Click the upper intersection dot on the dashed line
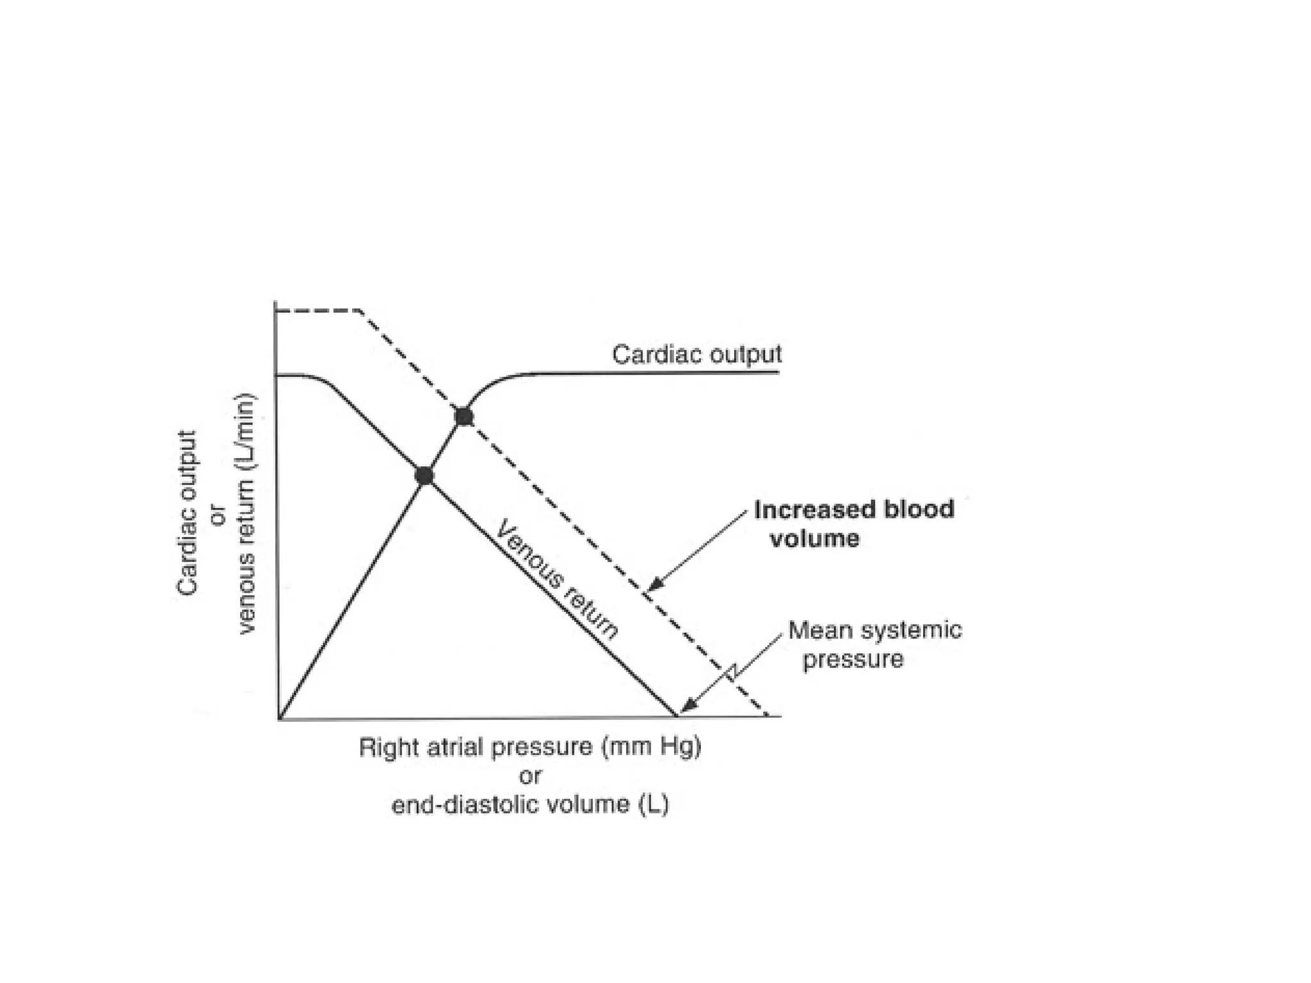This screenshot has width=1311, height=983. tap(464, 417)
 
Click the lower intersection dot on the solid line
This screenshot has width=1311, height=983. tap(424, 476)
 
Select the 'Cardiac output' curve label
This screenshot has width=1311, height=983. tap(696, 355)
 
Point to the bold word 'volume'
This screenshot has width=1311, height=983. tap(814, 538)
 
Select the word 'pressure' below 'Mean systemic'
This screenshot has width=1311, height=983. tap(853, 659)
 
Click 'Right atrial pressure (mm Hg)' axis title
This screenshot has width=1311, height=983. tap(530, 747)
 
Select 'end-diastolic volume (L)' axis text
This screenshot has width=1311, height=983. tap(530, 804)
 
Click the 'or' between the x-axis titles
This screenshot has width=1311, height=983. tap(531, 776)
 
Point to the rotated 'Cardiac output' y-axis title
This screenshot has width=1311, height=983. tap(187, 513)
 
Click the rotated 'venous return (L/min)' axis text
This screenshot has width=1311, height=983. tap(246, 513)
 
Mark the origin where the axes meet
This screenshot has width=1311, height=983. tap(278, 717)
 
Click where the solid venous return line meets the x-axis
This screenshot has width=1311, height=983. tap(677, 716)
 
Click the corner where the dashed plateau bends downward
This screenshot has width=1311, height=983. tap(360, 311)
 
